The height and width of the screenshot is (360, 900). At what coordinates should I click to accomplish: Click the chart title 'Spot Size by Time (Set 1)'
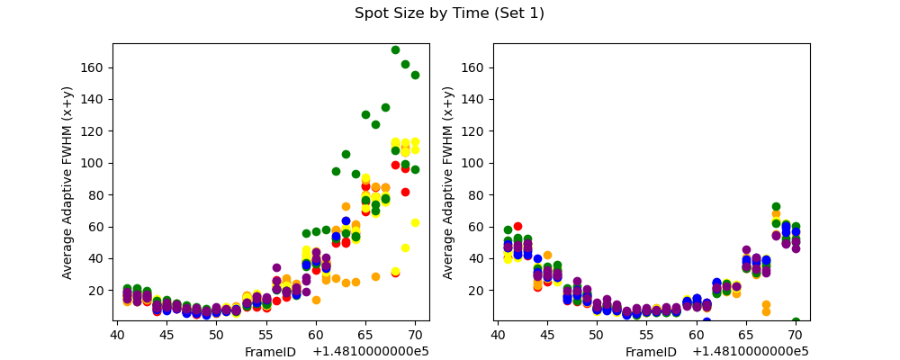click(449, 13)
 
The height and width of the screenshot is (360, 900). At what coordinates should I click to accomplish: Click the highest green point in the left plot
click(395, 49)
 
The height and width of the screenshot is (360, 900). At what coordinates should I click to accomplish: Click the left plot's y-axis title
click(67, 182)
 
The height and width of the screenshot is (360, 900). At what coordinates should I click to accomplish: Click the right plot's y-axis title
click(448, 182)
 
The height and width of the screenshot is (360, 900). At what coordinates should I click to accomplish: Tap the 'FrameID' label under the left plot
click(270, 352)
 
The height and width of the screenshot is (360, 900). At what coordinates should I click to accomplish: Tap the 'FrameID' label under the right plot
click(651, 352)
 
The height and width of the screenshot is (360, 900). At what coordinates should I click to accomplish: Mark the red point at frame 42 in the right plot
click(517, 227)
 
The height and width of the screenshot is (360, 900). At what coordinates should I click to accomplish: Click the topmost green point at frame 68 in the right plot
click(776, 207)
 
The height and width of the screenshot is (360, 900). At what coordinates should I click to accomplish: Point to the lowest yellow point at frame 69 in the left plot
click(405, 247)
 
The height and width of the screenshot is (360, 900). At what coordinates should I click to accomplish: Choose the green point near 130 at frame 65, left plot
click(365, 114)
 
